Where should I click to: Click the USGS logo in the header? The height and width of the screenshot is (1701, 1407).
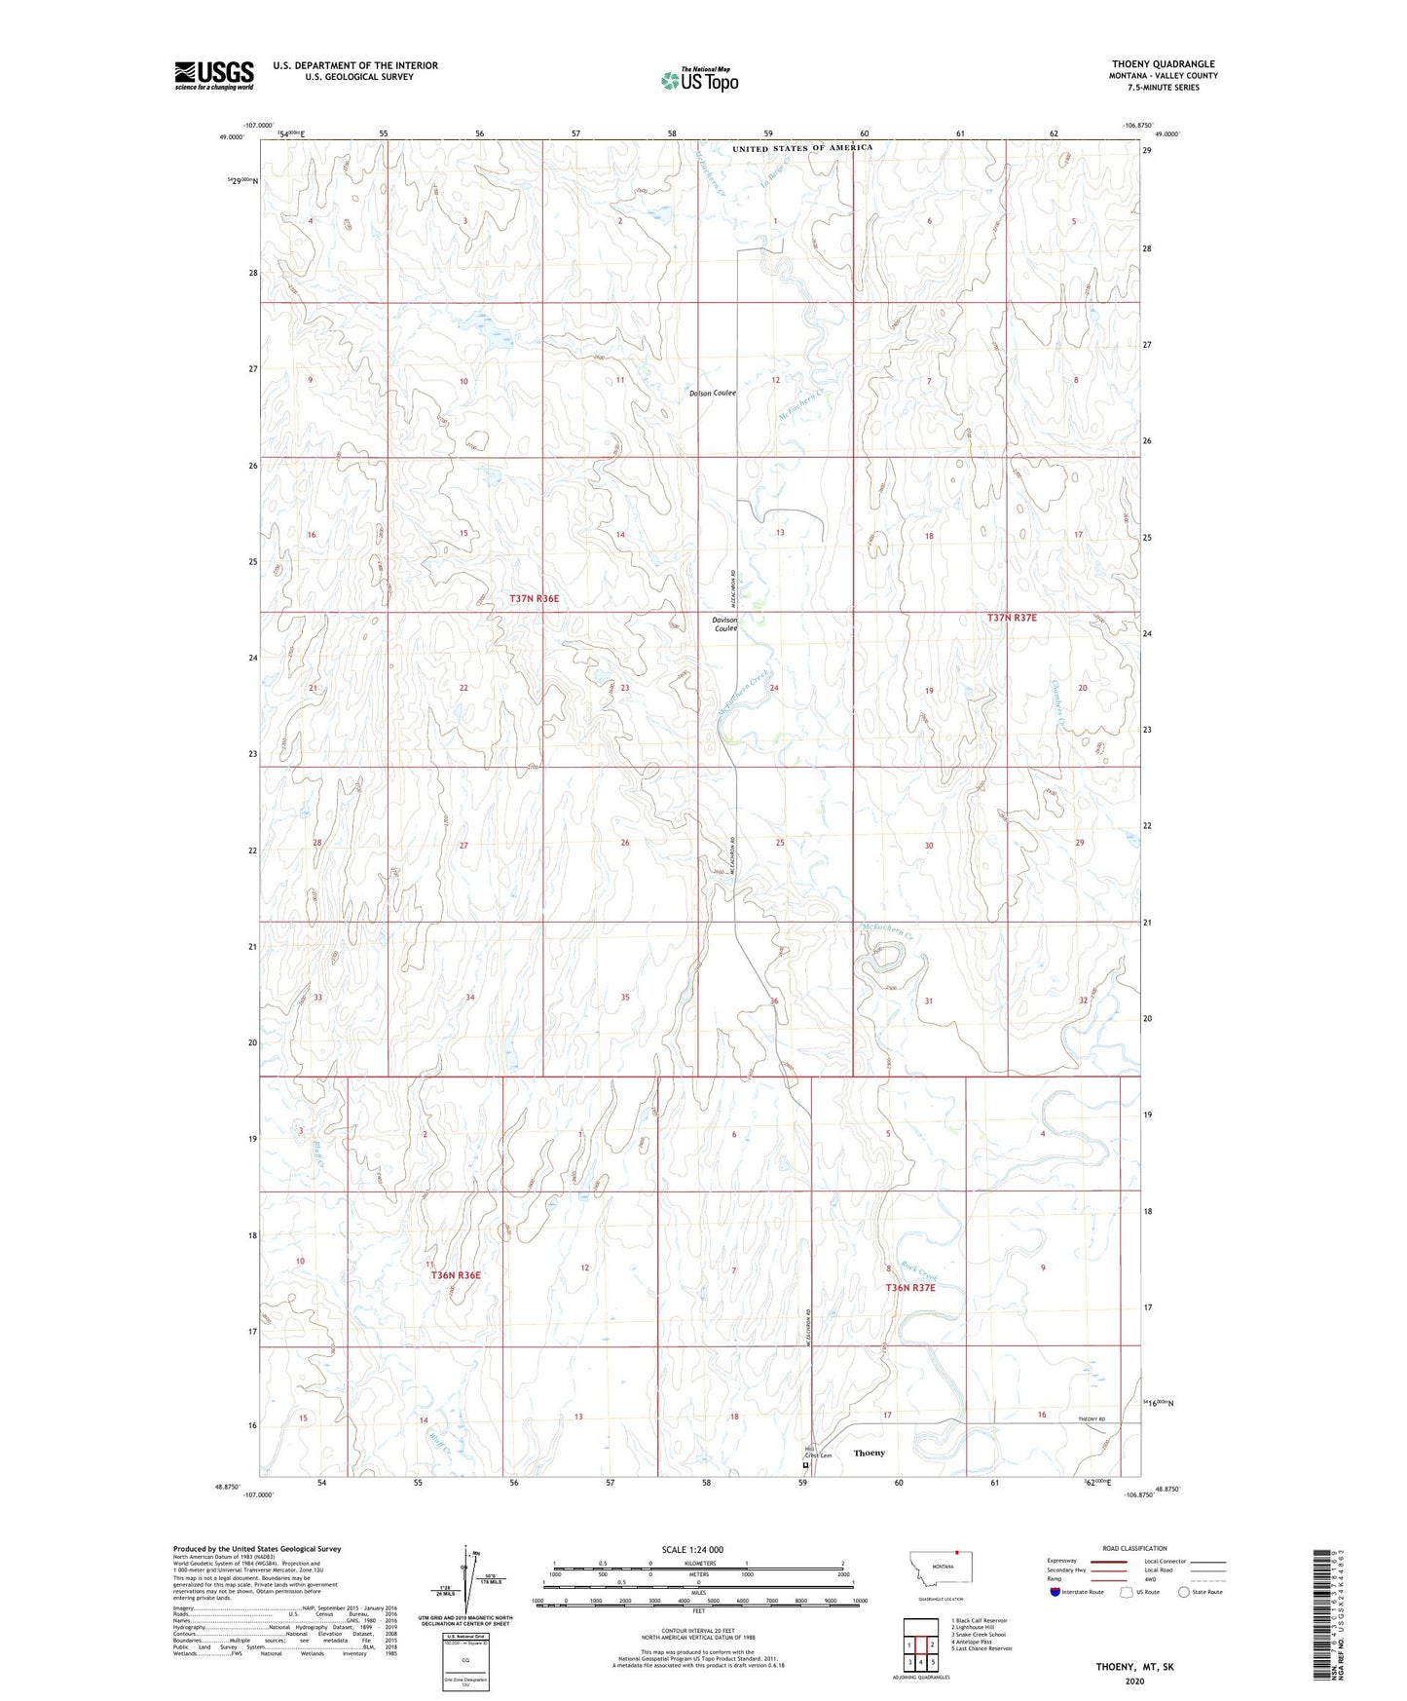pyautogui.click(x=214, y=75)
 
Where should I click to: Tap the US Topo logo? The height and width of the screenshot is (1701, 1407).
pyautogui.click(x=699, y=80)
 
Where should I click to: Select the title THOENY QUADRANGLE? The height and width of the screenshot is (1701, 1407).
pyautogui.click(x=1163, y=64)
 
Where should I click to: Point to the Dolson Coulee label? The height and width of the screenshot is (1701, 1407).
pyautogui.click(x=713, y=393)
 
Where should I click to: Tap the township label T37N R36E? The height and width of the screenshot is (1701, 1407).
pyautogui.click(x=535, y=598)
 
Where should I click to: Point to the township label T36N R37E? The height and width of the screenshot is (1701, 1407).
pyautogui.click(x=909, y=1288)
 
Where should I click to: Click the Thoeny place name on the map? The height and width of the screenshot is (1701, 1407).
pyautogui.click(x=870, y=1453)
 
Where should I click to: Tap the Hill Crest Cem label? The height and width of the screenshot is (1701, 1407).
pyautogui.click(x=818, y=1453)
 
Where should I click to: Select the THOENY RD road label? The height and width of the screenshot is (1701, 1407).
pyautogui.click(x=1092, y=1419)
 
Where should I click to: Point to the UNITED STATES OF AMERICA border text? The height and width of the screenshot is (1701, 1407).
pyautogui.click(x=802, y=148)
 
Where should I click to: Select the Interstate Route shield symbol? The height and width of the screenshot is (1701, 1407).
pyautogui.click(x=1056, y=1592)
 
